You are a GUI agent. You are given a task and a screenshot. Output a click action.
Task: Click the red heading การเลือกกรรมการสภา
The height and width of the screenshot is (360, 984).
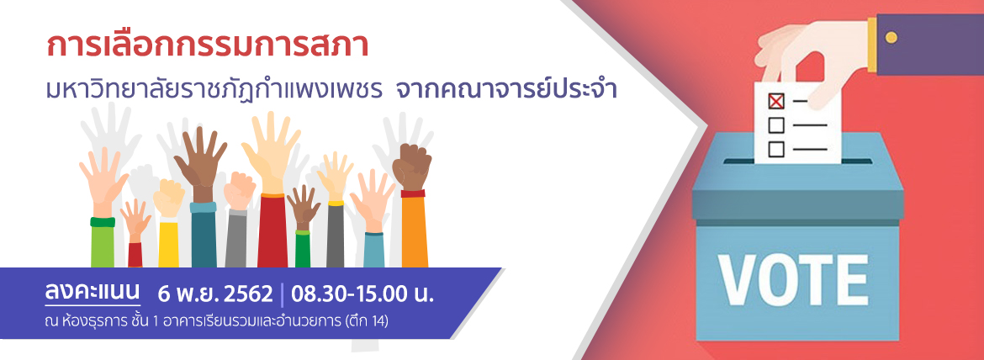coord(208,48)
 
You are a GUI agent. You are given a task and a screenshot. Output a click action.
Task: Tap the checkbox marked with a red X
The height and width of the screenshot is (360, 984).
coord(776,101)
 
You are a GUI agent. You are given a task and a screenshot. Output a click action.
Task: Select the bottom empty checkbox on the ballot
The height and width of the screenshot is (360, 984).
coord(776,149)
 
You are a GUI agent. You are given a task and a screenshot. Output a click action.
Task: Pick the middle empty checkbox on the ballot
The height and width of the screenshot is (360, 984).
coord(776,125)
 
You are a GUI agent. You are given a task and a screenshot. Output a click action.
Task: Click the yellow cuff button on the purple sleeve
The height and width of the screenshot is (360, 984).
coord(891,37)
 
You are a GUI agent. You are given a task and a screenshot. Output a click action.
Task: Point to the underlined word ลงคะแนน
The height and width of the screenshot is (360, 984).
coord(93,293)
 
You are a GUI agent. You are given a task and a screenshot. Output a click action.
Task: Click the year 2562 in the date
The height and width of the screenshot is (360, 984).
coord(251,294)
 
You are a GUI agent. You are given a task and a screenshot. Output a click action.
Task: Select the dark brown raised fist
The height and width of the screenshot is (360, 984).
coord(411,167)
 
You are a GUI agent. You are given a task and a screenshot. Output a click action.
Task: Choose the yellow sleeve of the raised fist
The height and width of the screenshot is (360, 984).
coord(168,243)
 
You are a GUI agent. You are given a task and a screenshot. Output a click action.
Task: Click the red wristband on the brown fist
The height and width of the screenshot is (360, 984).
coord(413,193)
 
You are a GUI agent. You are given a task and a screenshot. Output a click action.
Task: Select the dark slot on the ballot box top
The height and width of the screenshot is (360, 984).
coord(797,161)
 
